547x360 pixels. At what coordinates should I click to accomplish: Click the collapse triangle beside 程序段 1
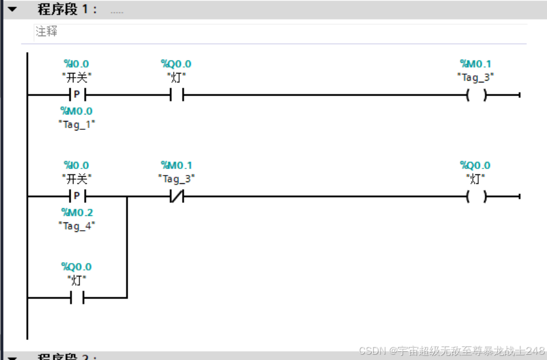(x=12, y=9)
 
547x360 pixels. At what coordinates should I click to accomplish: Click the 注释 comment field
(x=47, y=31)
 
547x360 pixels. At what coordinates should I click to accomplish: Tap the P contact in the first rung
(x=77, y=95)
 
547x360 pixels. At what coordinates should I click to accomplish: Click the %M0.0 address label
(x=77, y=111)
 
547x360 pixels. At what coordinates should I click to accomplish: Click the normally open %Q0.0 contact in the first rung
(x=176, y=95)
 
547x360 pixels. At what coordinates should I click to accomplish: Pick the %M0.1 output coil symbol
(x=476, y=95)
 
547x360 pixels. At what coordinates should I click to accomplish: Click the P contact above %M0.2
(x=77, y=196)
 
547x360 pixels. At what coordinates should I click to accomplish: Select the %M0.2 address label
(x=77, y=212)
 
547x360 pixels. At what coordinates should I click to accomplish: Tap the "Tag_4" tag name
(x=77, y=225)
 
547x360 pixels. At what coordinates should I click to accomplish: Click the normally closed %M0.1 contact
(x=176, y=196)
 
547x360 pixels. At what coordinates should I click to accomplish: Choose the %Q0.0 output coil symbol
(x=476, y=196)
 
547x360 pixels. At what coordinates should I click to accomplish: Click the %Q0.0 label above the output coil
(x=475, y=165)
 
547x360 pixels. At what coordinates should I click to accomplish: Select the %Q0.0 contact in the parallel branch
(x=77, y=298)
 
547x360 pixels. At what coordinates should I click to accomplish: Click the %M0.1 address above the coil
(x=475, y=64)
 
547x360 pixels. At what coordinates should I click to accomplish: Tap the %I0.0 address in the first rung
(x=77, y=64)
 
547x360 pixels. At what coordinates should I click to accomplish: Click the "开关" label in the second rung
(x=77, y=178)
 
